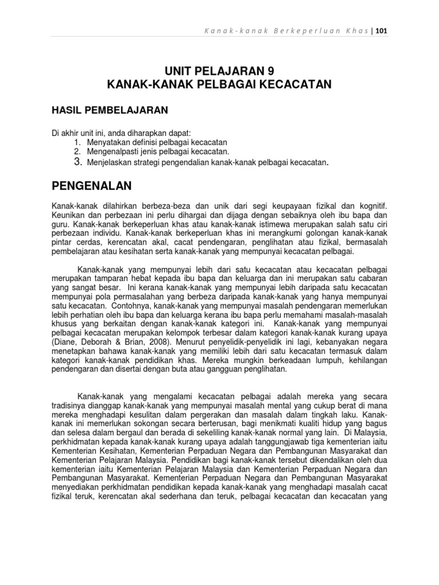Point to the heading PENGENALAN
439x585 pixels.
pyautogui.click(x=91, y=186)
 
